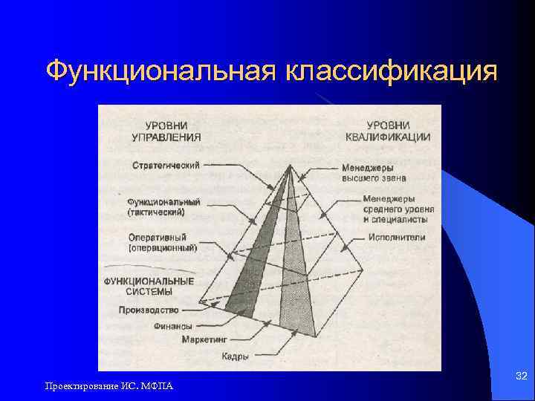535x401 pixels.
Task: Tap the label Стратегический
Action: [166, 165]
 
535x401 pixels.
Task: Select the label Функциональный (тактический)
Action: [163, 206]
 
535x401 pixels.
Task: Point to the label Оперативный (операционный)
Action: [163, 242]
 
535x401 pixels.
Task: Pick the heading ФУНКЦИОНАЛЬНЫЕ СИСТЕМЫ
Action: [149, 287]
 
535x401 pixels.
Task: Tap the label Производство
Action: [149, 309]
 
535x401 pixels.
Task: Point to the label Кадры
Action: [235, 356]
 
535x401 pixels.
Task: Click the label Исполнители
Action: [396, 238]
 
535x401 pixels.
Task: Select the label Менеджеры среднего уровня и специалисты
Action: [398, 209]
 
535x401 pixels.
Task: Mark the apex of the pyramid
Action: [289, 166]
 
